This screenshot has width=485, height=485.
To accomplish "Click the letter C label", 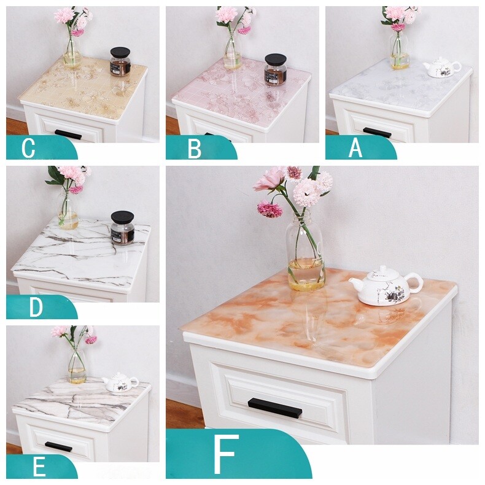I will pos(28,149).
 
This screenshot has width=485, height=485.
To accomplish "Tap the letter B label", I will pos(194,149).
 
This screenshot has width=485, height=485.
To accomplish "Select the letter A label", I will pos(355,149).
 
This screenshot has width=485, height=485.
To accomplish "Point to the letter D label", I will pos(36,308).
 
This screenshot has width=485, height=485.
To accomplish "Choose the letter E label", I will pos(39,468).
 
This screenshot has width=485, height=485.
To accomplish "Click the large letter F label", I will pos(225,456).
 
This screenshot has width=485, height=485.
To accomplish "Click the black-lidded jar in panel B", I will pos(275,69).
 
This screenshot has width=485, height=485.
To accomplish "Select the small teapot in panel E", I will pos(120,383).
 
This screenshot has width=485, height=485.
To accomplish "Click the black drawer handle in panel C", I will pos(68,134).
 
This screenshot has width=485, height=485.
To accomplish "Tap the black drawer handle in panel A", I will pos(377,132).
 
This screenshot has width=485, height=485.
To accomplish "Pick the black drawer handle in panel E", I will pos(58,446).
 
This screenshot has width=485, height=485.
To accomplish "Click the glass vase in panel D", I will pos(68,210).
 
